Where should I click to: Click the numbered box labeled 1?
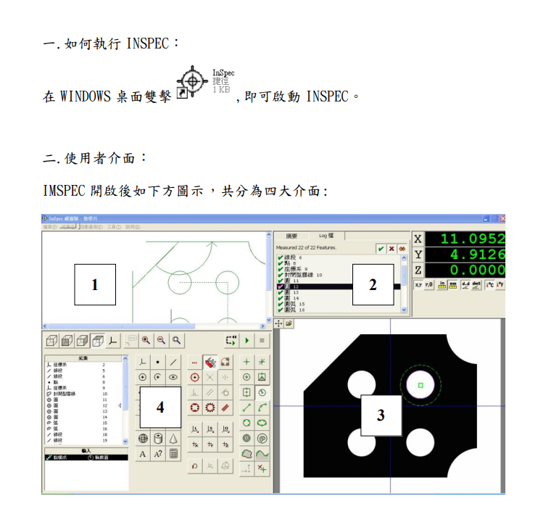click(96, 285)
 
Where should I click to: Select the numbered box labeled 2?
click(373, 284)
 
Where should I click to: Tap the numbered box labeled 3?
click(380, 416)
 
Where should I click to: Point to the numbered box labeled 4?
click(160, 407)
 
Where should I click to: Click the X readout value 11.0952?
click(472, 239)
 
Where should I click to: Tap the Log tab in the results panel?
click(326, 236)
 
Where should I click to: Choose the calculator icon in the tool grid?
click(174, 454)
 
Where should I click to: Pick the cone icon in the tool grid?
click(174, 438)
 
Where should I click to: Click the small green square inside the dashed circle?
click(421, 385)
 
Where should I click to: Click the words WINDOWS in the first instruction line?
click(85, 96)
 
